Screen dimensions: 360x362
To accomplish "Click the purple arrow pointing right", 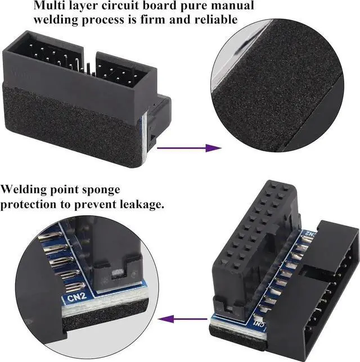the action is point(189,148).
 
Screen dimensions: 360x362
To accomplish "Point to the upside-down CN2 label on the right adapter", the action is point(308,232).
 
